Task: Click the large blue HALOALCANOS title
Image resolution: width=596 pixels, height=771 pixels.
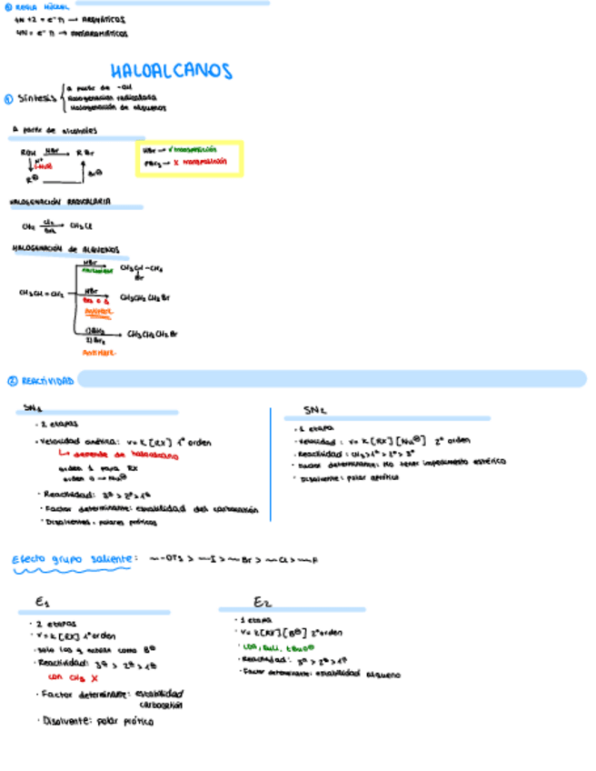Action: point(171,71)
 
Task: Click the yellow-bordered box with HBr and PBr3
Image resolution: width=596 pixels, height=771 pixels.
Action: point(189,157)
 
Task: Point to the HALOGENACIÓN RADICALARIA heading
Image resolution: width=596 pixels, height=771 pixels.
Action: point(60,201)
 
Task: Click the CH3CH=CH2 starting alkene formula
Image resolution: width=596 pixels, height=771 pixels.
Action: point(41,294)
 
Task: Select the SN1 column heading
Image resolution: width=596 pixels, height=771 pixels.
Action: point(34,410)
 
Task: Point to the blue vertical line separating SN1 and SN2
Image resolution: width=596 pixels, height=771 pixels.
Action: point(271,464)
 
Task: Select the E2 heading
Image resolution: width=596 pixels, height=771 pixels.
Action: point(263,602)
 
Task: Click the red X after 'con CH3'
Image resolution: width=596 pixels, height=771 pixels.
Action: point(94,677)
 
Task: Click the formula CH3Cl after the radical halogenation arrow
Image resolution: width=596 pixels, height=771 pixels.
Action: point(81,226)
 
